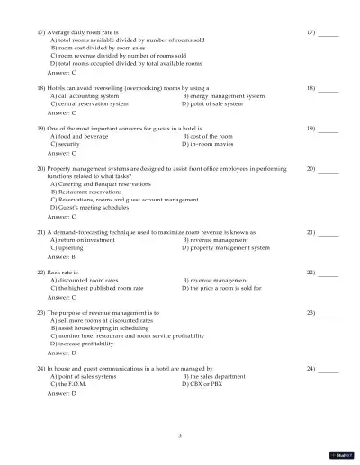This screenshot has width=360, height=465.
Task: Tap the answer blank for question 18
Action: pyautogui.click(x=328, y=89)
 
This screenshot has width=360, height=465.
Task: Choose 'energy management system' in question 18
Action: pyautogui.click(x=225, y=95)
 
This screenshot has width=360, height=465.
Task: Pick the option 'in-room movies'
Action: pyautogui.click(x=213, y=144)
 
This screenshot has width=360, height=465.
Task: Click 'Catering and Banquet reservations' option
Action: pyautogui.click(x=113, y=183)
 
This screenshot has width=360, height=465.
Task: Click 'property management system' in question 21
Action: pyautogui.click(x=229, y=247)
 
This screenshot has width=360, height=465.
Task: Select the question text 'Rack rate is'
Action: pyautogui.click(x=62, y=271)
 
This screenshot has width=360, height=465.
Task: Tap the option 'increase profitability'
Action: pyautogui.click(x=89, y=344)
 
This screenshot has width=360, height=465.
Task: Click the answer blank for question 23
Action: pyautogui.click(x=328, y=313)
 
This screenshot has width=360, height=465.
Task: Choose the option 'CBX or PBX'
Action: pyautogui.click(x=211, y=384)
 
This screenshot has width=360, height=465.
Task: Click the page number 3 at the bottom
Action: pyautogui.click(x=180, y=435)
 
